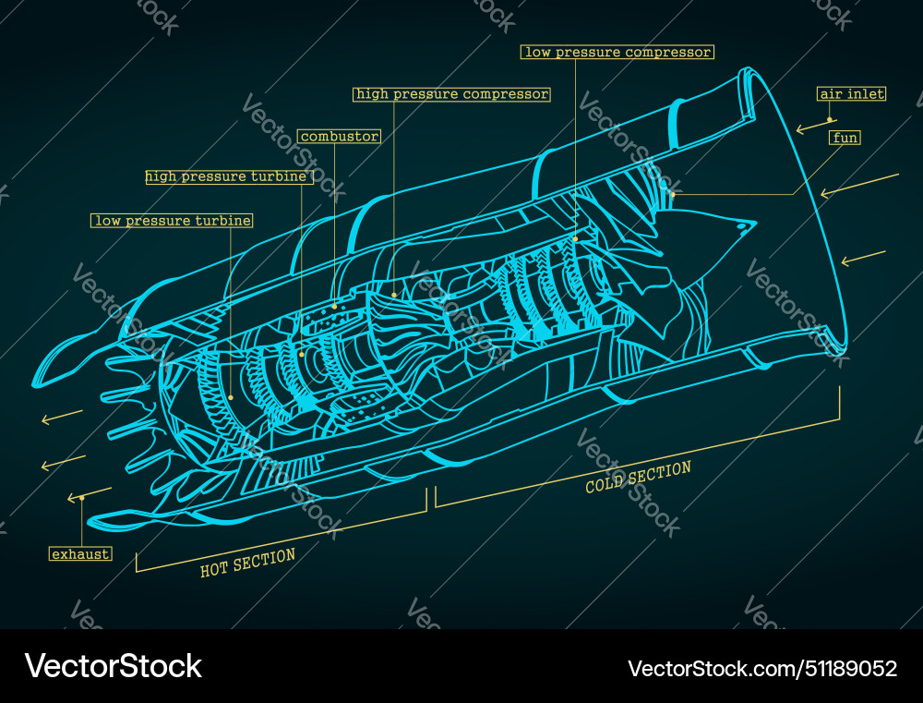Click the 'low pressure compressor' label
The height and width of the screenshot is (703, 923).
[x=617, y=53]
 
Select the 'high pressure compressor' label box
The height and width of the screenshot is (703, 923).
[x=451, y=94]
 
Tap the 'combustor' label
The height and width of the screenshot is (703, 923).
[x=339, y=137]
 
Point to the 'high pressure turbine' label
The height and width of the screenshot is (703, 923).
[x=227, y=176]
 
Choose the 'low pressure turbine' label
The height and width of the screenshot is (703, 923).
[x=173, y=221]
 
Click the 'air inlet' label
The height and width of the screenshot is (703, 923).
[x=851, y=94]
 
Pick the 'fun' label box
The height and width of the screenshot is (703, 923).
[x=845, y=138]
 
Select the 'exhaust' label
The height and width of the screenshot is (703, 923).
[x=80, y=554]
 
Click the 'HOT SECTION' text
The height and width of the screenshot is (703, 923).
[x=247, y=562]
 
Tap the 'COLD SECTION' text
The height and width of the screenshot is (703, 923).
[x=638, y=477]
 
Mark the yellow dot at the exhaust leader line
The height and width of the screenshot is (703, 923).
[x=82, y=497]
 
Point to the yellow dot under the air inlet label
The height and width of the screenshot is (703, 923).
[x=830, y=119]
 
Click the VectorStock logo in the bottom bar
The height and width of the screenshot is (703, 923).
[x=114, y=666]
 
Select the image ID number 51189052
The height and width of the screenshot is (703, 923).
[x=845, y=668]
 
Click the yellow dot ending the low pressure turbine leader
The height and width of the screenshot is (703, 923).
[x=231, y=397]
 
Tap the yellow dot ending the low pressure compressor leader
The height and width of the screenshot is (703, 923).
[x=575, y=238]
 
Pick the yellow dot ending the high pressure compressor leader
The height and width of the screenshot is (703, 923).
[x=394, y=295]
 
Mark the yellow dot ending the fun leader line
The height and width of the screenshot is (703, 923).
[x=673, y=194]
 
